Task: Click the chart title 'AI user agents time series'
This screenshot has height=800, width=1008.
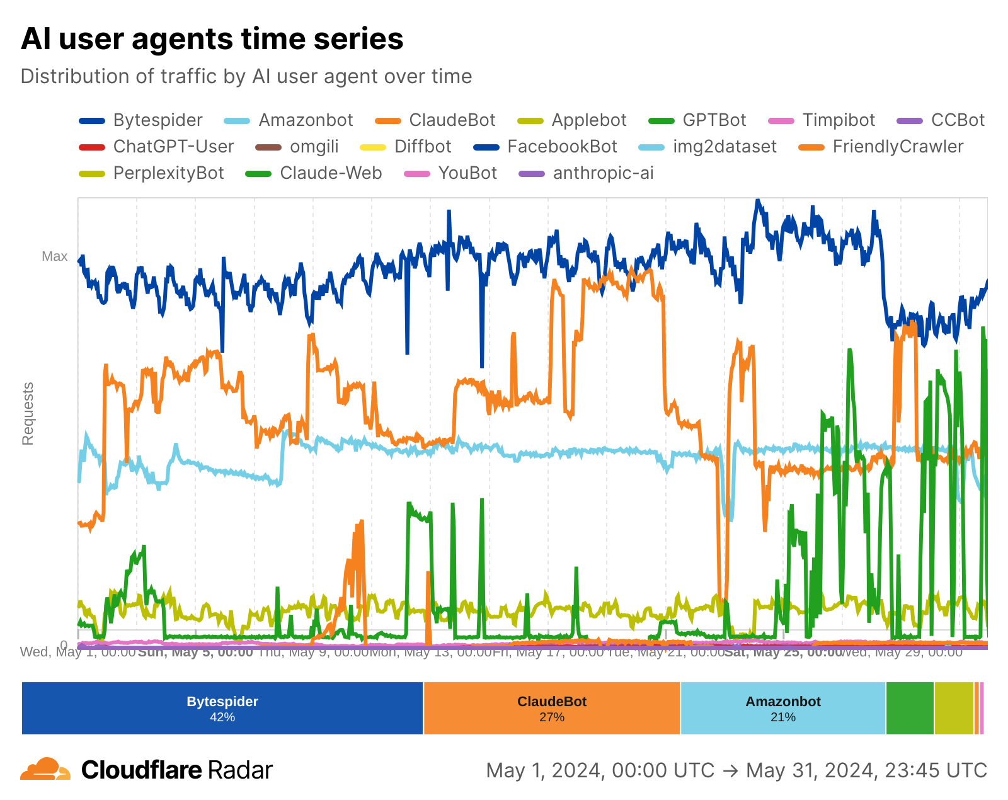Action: coord(212,39)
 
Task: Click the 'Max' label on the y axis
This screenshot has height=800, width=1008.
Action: coord(55,256)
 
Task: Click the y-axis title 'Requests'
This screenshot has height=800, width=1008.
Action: coord(28,413)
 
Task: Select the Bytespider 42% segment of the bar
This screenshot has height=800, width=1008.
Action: coord(222,708)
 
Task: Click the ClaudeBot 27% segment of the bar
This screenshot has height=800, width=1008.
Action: coord(552,708)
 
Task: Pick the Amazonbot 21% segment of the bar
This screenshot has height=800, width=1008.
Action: coord(783,708)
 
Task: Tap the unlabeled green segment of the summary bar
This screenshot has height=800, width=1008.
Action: coord(910,708)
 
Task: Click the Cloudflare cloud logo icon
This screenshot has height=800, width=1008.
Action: coord(45,769)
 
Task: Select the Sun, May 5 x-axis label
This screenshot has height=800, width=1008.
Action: coord(195,652)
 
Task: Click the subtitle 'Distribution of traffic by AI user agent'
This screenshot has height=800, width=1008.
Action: coord(246,76)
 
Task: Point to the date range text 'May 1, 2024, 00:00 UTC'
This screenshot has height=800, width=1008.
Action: coord(600,770)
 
